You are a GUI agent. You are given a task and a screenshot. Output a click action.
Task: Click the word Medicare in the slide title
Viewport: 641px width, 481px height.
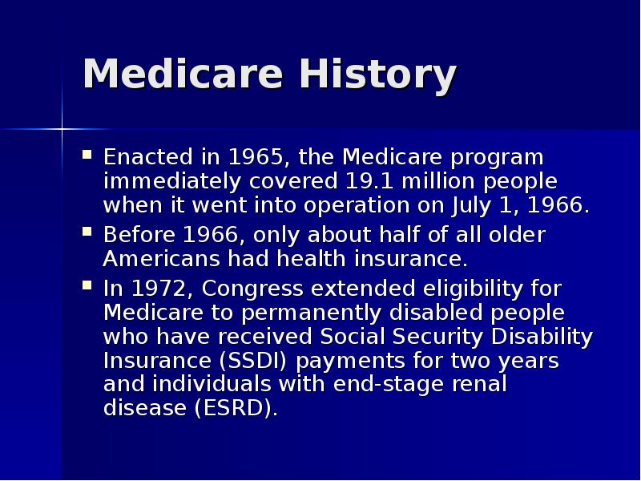tap(183, 75)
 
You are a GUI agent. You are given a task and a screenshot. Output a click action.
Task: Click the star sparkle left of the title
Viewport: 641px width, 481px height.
tap(62, 128)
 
